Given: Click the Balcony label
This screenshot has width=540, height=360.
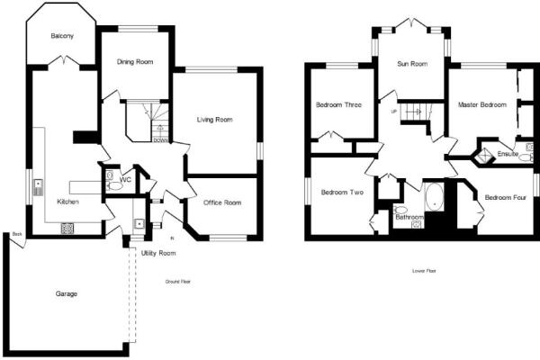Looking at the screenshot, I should pos(62,36).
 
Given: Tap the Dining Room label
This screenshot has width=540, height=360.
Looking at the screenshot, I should pos(135,61).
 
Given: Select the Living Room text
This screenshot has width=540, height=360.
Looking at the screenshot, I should pos(216,119).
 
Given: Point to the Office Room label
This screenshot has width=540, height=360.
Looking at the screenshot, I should pos(221,202).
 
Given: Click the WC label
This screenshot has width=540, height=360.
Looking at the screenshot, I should pos(126,179).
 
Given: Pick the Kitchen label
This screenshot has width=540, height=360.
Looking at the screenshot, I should pos(68,202).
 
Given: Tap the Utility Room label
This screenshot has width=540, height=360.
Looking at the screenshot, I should pos(158,253).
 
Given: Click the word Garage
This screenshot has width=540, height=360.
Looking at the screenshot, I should pos(66,293).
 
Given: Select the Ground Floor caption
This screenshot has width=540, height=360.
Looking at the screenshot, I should pos(177,282).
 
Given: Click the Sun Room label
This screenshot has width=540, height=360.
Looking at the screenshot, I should pos(413,64).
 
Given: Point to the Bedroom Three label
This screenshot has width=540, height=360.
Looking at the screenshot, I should pos(338,105).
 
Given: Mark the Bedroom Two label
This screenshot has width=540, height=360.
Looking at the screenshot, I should pos(342,192).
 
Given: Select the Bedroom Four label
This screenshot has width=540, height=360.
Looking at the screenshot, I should pos(505,197).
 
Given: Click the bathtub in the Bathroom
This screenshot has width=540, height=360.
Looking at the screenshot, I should pos(436,197).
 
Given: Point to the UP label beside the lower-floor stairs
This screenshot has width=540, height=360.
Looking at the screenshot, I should pos(393,111).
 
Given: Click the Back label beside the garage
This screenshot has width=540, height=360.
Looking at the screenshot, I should pos(16,235).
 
